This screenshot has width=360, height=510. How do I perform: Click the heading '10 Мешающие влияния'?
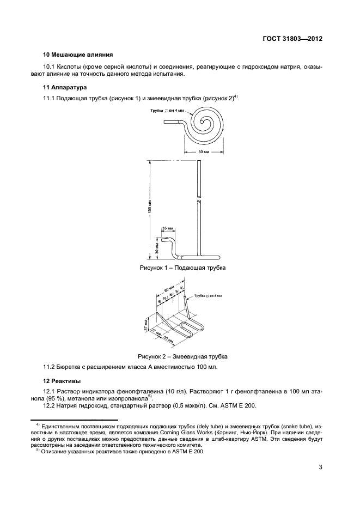(78, 55)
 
